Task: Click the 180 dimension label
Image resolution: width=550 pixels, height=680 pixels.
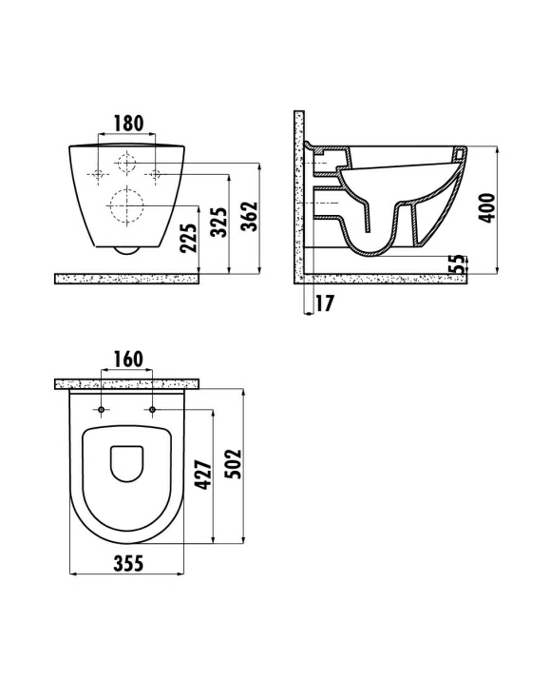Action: pos(128,124)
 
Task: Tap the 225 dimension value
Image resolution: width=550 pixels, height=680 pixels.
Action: pos(188,238)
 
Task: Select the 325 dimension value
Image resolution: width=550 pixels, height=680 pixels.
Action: pos(218,223)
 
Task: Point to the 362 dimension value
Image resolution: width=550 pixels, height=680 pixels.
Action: pos(250,216)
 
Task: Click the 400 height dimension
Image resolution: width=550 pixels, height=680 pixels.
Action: pos(487,208)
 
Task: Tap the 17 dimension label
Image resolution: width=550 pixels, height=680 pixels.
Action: pos(325,303)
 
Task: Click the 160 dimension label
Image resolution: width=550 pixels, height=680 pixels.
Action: pos(128,359)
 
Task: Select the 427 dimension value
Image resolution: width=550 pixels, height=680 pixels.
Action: pos(203,475)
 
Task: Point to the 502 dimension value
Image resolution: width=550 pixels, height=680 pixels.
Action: pos(234,463)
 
